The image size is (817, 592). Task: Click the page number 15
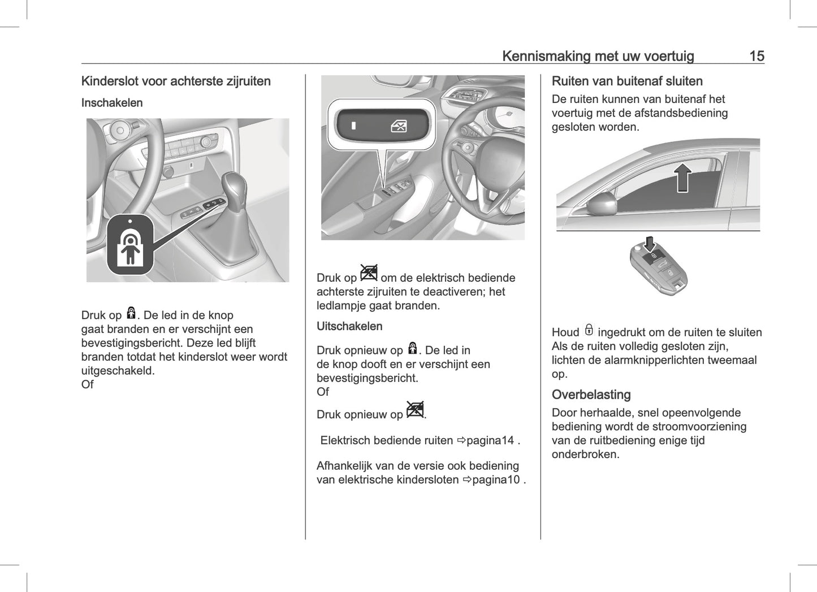click(756, 56)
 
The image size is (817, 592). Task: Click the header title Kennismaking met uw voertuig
click(598, 56)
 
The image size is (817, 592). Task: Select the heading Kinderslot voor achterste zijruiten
click(176, 81)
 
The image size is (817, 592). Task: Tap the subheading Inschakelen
click(112, 103)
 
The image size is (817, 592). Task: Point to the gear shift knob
click(234, 187)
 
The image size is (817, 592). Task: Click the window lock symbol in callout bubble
click(399, 126)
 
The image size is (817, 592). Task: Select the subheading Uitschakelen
click(349, 326)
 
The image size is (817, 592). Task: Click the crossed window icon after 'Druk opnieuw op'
click(415, 410)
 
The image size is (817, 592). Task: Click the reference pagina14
click(490, 440)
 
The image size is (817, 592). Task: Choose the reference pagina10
click(495, 480)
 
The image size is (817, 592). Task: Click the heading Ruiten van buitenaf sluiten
click(627, 81)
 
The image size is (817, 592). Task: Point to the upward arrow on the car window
click(683, 178)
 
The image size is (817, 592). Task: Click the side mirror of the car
click(602, 204)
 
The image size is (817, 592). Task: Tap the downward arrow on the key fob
click(650, 244)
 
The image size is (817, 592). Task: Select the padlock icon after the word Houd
click(589, 330)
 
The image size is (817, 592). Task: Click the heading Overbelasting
click(591, 395)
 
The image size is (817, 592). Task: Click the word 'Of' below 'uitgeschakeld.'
click(88, 384)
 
